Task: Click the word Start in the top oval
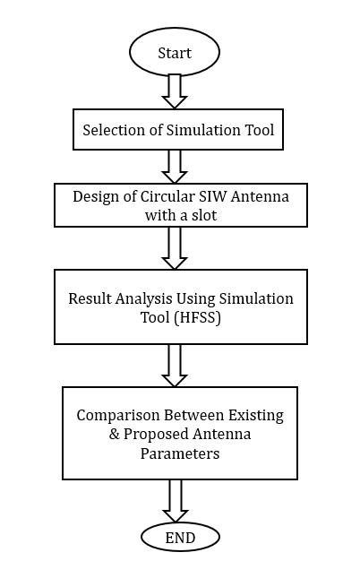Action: coord(175,53)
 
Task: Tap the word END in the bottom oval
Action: coord(180,538)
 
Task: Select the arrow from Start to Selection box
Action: coord(175,91)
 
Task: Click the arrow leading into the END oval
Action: coord(176,501)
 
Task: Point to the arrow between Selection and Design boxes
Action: coord(175,167)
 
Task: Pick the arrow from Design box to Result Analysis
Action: coord(175,248)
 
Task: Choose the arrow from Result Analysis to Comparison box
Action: coord(175,366)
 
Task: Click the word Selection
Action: coord(115,130)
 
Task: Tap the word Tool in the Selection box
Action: coord(260,130)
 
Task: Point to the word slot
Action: coord(204,215)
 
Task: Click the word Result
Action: coord(90,298)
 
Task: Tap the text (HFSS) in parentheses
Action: coord(197,318)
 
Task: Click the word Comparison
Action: coord(118,416)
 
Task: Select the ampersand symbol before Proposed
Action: coord(114,435)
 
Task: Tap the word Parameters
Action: coord(180,453)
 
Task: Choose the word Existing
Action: coord(256,416)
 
